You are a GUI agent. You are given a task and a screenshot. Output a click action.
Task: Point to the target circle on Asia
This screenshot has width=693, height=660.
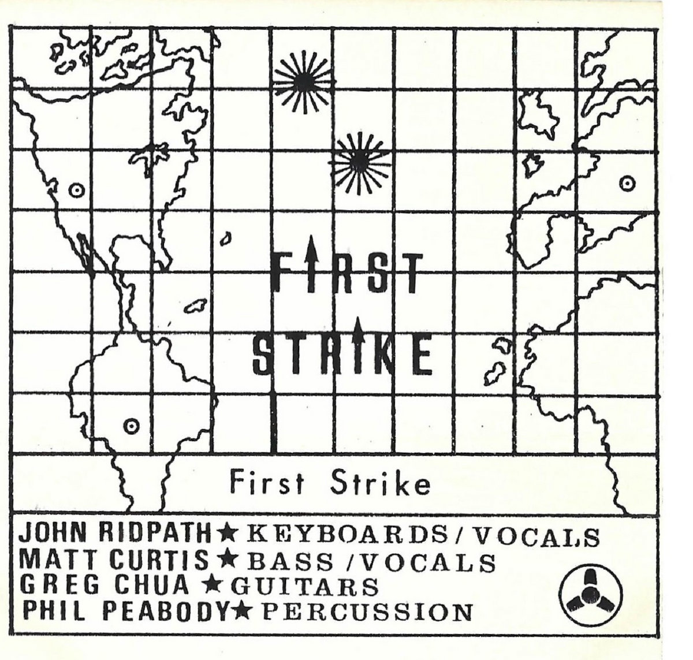click(x=624, y=184)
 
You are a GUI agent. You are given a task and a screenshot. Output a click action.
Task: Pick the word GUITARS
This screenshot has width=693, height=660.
click(x=305, y=587)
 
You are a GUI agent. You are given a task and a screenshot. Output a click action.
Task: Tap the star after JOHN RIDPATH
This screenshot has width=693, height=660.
click(x=224, y=535)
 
